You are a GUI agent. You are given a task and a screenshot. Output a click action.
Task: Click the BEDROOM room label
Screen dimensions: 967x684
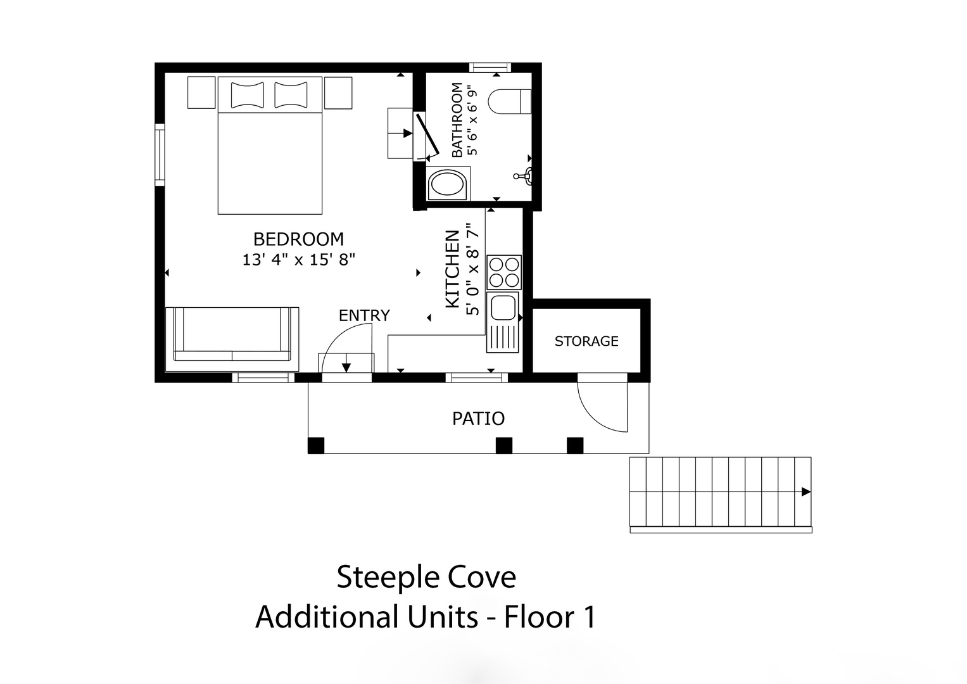point(298,239)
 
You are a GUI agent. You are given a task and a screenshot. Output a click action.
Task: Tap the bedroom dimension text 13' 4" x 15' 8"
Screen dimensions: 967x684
point(298,260)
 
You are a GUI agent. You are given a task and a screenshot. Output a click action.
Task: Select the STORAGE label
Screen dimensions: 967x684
point(586,341)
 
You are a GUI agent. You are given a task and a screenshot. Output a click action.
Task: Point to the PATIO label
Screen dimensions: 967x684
point(478,419)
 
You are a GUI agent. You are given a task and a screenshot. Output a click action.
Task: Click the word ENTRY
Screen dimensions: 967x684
point(364,315)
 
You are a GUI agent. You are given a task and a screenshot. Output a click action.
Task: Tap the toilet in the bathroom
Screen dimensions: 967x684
point(509,102)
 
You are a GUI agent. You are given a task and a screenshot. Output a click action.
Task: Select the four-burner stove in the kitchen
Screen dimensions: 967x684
point(504,272)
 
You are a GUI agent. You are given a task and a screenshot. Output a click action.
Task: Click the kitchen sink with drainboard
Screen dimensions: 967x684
point(503,322)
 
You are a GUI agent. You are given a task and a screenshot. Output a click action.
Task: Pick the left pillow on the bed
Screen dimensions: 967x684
point(248,95)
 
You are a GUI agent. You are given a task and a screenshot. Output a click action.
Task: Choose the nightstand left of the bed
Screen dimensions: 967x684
point(201,92)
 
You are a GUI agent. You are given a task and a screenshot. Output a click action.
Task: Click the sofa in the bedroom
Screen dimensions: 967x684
point(232,339)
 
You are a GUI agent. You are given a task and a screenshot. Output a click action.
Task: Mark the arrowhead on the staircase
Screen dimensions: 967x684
point(806,492)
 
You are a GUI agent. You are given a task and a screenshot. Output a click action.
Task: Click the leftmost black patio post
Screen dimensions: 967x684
point(316,446)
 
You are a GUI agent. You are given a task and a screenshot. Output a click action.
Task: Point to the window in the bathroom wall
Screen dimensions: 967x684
point(490,67)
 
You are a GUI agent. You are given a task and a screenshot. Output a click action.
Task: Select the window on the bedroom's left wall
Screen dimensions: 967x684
point(160,155)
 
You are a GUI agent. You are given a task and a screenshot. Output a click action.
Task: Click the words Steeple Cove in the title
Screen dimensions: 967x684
point(426,577)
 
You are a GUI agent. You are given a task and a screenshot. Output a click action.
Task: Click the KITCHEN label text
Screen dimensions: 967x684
point(452,269)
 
